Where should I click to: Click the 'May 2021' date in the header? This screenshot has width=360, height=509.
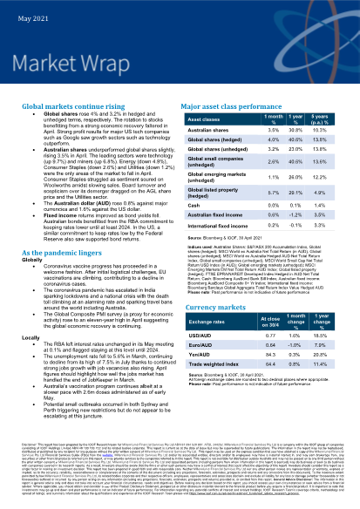point(20,8)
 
